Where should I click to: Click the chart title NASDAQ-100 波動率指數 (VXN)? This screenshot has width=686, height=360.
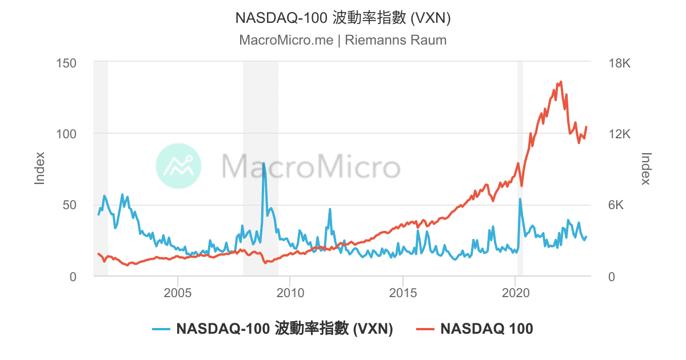(343, 18)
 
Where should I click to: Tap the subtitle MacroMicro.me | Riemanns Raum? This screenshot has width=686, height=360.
(343, 41)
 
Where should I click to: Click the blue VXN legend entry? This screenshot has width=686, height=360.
(273, 329)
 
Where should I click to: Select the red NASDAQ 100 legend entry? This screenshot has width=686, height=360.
(474, 329)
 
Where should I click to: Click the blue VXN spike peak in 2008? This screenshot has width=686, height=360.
(264, 163)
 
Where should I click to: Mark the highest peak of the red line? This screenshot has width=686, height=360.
(561, 82)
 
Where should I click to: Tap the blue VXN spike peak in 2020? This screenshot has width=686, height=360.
(520, 199)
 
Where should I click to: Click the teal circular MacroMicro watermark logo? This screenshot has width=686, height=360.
(178, 166)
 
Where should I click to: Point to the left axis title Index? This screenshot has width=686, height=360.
(39, 168)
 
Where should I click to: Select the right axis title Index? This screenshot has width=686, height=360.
(646, 168)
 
